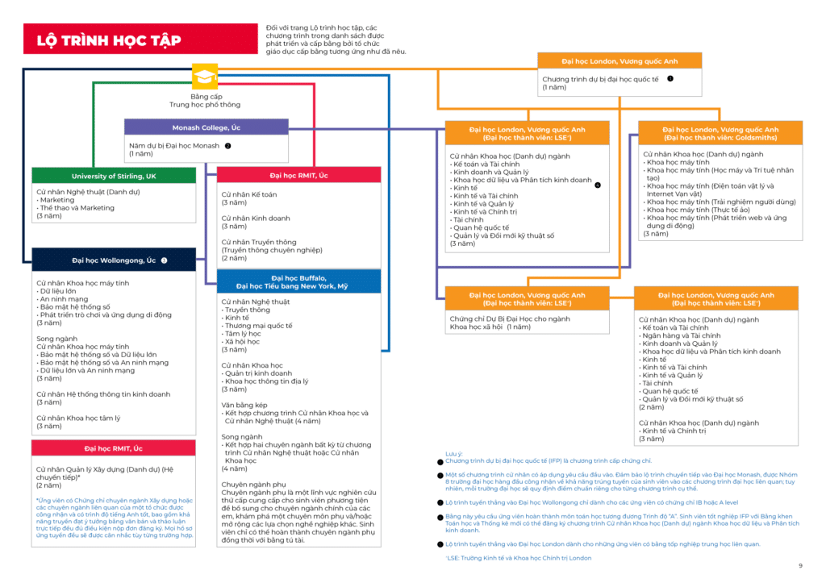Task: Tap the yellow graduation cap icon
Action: pyautogui.click(x=204, y=77)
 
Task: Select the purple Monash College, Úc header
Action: pyautogui.click(x=206, y=127)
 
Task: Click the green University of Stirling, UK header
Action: pyautogui.click(x=114, y=176)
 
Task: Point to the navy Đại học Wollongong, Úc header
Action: pyautogui.click(x=114, y=260)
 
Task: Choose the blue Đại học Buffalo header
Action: pyautogui.click(x=299, y=281)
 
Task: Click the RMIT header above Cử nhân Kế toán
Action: pyautogui.click(x=299, y=176)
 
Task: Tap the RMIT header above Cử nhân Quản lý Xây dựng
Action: pyautogui.click(x=114, y=448)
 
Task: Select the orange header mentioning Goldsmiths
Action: pyautogui.click(x=720, y=133)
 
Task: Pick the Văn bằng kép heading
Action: pyautogui.click(x=244, y=405)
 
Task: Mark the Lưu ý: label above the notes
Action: pyautogui.click(x=454, y=454)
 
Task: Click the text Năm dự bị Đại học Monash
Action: pyautogui.click(x=174, y=146)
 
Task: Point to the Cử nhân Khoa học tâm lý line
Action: pyautogui.click(x=78, y=418)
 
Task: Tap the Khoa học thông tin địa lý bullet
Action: pyautogui.click(x=266, y=381)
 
